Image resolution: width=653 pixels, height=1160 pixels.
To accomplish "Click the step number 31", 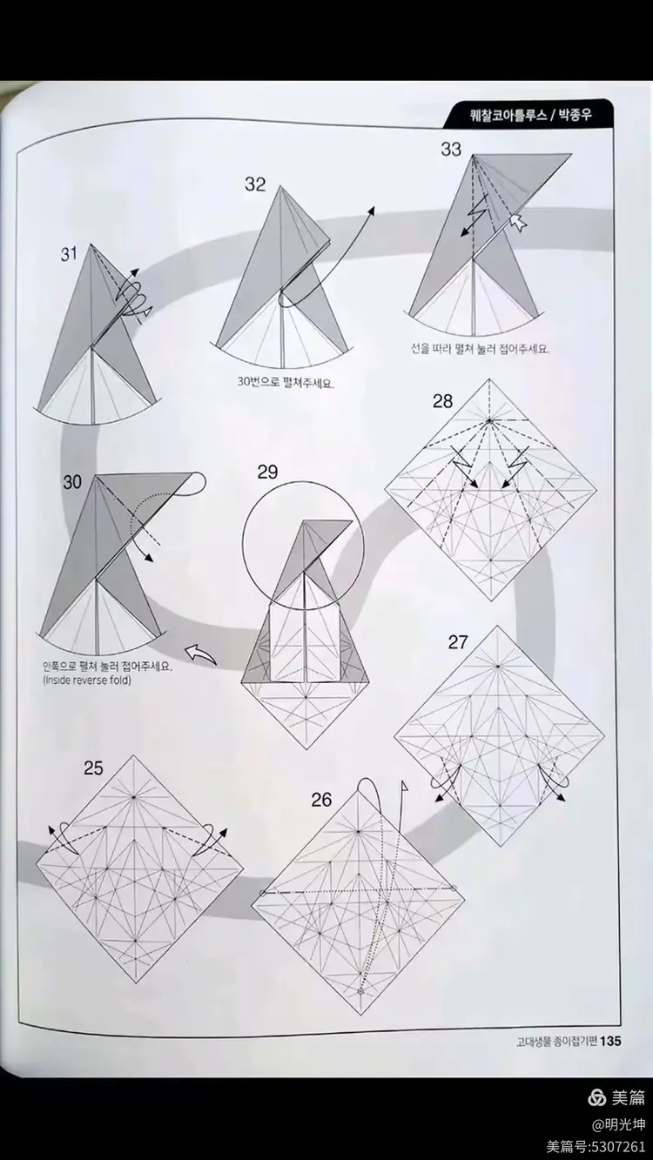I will coord(70,254).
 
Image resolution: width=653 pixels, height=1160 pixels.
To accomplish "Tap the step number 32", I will coord(255,184).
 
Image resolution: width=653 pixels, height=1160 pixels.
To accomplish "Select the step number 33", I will coord(450,149).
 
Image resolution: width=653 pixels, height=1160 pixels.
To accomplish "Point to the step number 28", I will coord(442,401).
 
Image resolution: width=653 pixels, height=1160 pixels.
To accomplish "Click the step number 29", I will coord(267,473).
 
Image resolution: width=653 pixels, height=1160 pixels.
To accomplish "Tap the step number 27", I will coord(458,643).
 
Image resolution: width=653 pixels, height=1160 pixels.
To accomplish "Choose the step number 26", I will coord(321,799).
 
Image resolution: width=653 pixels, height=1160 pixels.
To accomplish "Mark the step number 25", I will coord(93,768).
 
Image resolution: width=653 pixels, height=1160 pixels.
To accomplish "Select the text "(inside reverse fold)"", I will coord(85,680).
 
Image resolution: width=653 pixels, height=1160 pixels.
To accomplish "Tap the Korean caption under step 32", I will coord(286,382).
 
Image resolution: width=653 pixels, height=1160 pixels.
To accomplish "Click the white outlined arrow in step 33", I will coord(520,224).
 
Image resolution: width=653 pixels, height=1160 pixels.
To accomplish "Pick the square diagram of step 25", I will coord(139,869).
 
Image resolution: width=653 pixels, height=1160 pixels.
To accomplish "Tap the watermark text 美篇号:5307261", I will coord(596,1146).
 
